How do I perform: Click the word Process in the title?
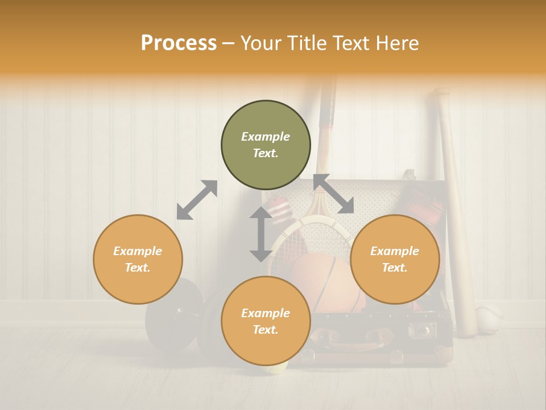(x=179, y=43)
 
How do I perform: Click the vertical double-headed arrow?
(x=261, y=234)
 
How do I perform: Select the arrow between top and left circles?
(x=197, y=200)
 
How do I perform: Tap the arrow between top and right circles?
(x=333, y=194)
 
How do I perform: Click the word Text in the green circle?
(x=266, y=153)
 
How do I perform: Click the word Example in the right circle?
(x=395, y=251)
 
